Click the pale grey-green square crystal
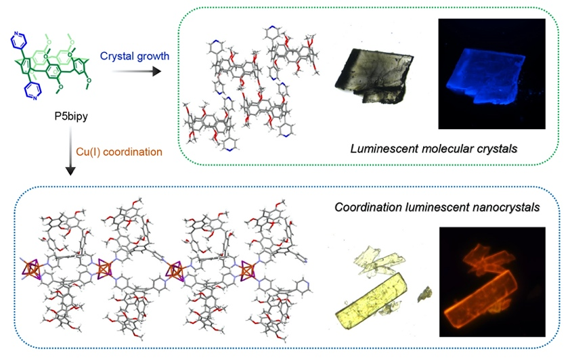tap(374, 78)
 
